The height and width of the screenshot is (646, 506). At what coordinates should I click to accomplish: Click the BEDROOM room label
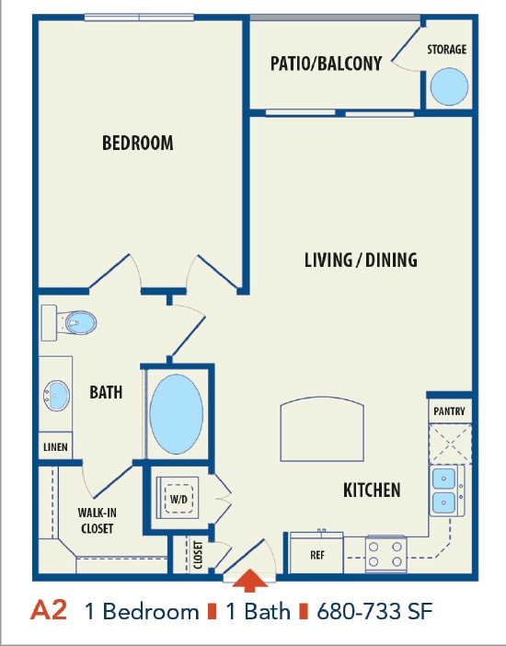click(x=137, y=143)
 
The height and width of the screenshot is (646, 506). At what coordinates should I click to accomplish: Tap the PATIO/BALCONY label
click(x=326, y=63)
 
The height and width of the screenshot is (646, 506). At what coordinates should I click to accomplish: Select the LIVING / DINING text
click(x=361, y=260)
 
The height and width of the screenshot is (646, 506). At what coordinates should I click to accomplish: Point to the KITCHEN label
click(x=372, y=490)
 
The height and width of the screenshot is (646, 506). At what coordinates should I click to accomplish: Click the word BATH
click(x=106, y=392)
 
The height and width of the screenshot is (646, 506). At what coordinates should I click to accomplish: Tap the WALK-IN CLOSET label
click(x=97, y=521)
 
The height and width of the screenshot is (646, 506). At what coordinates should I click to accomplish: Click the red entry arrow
click(x=248, y=582)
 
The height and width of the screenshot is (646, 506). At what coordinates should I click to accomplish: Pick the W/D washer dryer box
click(x=178, y=499)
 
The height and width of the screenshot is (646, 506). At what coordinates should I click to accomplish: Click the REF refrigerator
click(x=316, y=554)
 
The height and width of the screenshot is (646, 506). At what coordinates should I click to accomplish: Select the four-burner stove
click(x=386, y=552)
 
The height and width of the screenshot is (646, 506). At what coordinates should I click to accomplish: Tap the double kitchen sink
click(x=447, y=490)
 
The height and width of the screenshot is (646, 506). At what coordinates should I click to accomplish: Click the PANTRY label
click(x=449, y=411)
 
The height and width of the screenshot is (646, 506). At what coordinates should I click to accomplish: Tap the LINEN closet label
click(x=55, y=447)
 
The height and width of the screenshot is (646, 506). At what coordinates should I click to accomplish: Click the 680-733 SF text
click(x=375, y=611)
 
